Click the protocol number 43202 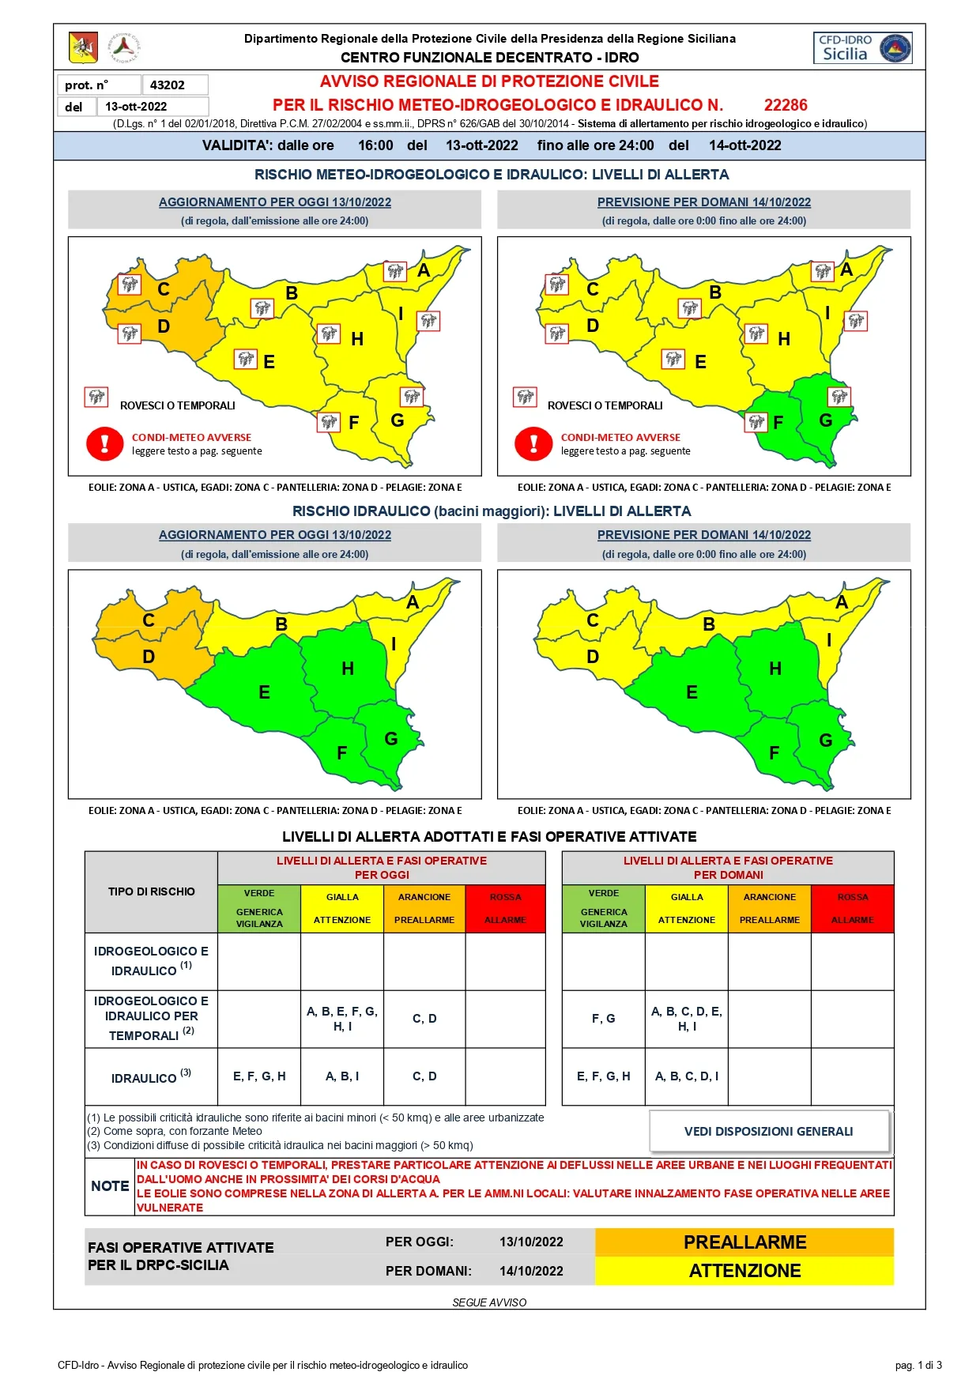click(x=168, y=85)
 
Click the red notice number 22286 click(x=786, y=105)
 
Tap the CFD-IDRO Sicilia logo click(x=862, y=48)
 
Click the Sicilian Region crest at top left click(x=83, y=48)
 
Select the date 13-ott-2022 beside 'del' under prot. click(x=136, y=107)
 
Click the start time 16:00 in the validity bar click(x=375, y=145)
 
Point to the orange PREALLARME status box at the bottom click(x=744, y=1242)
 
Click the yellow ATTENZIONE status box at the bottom click(x=744, y=1271)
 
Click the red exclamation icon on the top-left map click(x=105, y=443)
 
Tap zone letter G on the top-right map click(x=826, y=420)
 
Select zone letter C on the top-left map click(x=164, y=289)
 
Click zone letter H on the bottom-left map click(x=348, y=669)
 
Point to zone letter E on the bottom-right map click(x=692, y=692)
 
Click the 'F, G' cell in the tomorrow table click(x=604, y=1019)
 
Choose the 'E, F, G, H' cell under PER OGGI click(x=259, y=1076)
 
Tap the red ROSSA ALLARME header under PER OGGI click(x=506, y=909)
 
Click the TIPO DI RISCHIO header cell click(x=151, y=891)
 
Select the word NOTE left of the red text click(x=110, y=1186)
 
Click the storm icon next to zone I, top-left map click(x=428, y=321)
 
